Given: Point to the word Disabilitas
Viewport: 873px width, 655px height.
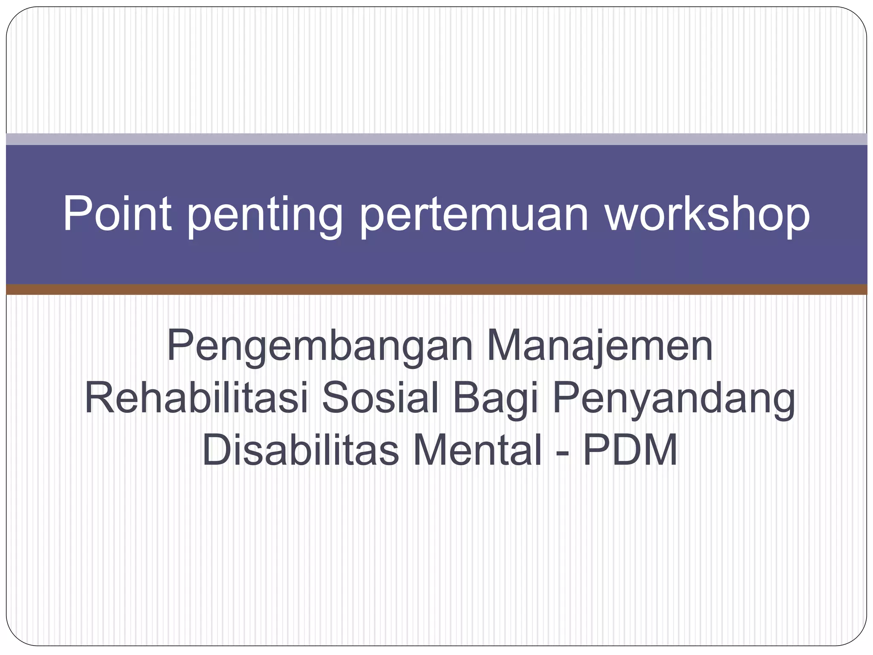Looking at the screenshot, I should (x=300, y=450).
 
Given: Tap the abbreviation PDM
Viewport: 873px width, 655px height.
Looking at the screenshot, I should (x=630, y=450).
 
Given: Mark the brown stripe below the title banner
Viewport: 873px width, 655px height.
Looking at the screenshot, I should (x=436, y=290).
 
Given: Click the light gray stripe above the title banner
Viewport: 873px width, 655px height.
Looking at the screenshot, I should (x=436, y=139).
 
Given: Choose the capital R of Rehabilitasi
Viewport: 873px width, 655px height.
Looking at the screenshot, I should (x=99, y=397).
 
